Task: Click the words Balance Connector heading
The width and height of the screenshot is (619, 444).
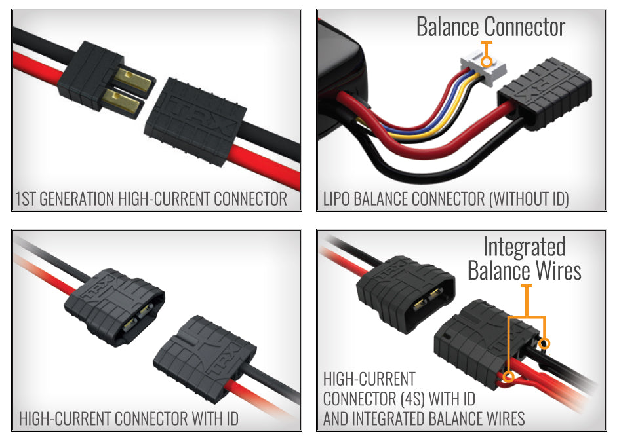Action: pos(490,27)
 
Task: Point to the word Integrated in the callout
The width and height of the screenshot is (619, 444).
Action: pos(524,247)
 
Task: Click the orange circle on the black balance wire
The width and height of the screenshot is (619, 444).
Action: pos(545,343)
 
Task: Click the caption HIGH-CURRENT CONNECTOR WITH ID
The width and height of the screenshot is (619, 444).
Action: pos(129,418)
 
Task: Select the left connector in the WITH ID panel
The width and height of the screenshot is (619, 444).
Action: pos(115,305)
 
